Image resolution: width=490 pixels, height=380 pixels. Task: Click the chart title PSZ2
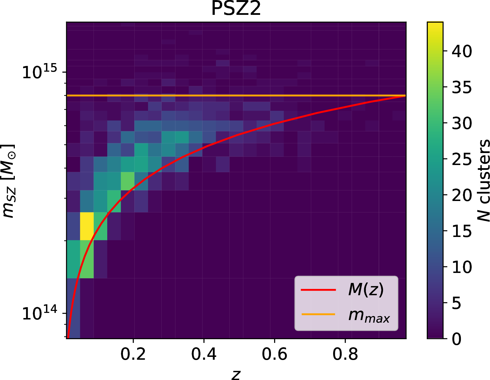pos(236,9)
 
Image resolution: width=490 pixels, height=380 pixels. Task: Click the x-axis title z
pos(236,374)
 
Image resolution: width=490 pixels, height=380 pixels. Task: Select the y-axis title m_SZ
pos(8,181)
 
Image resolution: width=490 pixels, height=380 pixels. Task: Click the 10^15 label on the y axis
pos(39,72)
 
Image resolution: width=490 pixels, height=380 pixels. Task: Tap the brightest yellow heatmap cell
pos(87,226)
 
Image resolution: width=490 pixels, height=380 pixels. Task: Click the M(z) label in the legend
pos(366,289)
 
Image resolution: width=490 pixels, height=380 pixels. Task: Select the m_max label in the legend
pos(369,315)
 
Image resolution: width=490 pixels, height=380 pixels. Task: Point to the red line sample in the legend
pos(318,290)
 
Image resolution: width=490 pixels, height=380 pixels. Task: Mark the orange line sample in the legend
pos(318,314)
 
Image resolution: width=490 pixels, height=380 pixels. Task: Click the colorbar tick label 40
pos(462,51)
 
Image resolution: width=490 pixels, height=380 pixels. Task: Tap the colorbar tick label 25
pos(462,159)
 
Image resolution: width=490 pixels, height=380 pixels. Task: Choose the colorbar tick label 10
pos(462,267)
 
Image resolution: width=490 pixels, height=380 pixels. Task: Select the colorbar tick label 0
pos(457,339)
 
